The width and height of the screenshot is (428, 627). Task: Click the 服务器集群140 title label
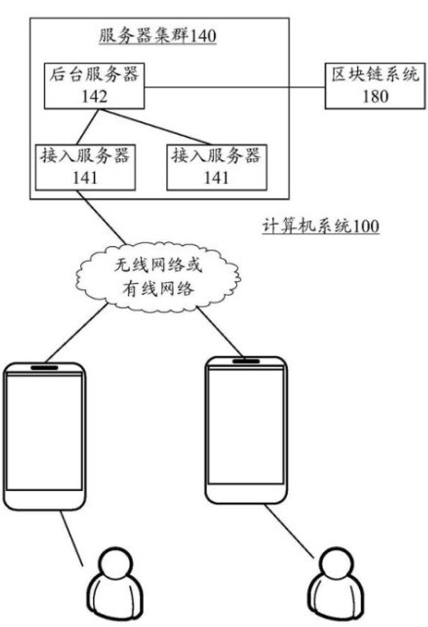(158, 37)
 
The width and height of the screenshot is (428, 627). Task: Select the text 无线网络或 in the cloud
(158, 265)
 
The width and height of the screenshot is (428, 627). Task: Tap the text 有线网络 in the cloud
(158, 288)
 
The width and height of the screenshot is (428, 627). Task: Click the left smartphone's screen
(44, 433)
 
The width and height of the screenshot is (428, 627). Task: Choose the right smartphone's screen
(247, 429)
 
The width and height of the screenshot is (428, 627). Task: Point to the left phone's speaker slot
(44, 367)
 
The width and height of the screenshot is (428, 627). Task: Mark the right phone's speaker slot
(247, 361)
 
